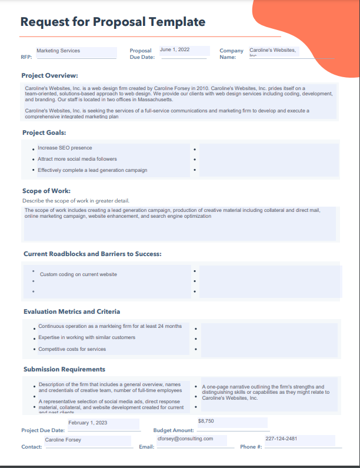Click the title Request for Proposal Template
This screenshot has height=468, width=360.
pos(113,22)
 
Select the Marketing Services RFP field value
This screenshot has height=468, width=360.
pos(58,51)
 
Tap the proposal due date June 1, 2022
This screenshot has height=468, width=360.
pos(175,50)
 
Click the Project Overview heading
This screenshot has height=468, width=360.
pos(49,75)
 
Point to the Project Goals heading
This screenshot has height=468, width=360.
pos(44,132)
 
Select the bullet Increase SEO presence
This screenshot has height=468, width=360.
pos(65,148)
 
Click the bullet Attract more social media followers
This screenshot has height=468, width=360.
pos(77,159)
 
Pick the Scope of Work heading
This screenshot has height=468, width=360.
pos(46,191)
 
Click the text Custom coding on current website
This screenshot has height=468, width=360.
pos(78,274)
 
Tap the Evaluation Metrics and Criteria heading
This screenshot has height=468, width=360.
pos(72,311)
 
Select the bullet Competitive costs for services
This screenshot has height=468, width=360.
pos(72,349)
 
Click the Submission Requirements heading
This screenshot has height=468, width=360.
pos(64,369)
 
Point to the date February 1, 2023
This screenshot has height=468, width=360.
pos(88,423)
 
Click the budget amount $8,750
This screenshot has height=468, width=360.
pos(206,421)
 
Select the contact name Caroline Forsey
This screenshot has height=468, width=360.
pos(63,440)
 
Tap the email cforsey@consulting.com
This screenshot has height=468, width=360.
pos(185,439)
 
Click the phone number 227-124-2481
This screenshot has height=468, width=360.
pos(281,439)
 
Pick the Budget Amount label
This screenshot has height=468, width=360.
pos(174,430)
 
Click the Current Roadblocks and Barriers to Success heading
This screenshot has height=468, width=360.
pos(92,254)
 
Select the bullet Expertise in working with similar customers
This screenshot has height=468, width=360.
pos(86,337)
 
